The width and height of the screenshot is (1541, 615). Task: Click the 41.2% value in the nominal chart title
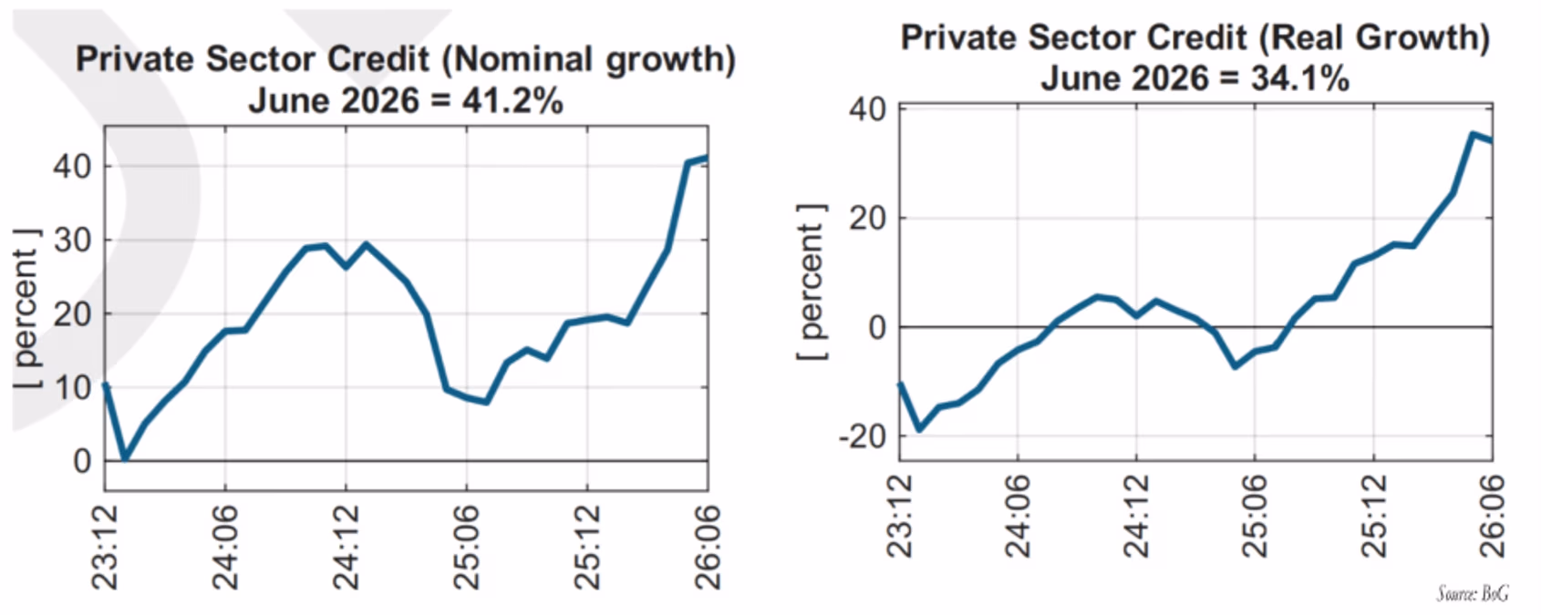click(x=512, y=101)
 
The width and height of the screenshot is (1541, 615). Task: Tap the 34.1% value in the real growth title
click(x=1299, y=78)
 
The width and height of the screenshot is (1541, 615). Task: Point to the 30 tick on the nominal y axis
click(x=72, y=241)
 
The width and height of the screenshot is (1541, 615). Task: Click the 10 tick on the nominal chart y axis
click(x=72, y=387)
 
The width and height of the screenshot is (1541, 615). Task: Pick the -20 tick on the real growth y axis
click(x=862, y=436)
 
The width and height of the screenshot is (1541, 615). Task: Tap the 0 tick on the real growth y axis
click(x=877, y=327)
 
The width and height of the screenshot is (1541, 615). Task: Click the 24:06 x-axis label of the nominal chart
click(x=225, y=548)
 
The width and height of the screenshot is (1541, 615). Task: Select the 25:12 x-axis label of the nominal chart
click(x=587, y=548)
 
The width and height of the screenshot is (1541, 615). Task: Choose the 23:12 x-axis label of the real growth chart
click(x=899, y=516)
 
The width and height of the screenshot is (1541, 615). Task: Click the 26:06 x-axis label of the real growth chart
click(x=1492, y=516)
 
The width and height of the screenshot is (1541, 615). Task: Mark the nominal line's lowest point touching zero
click(x=125, y=458)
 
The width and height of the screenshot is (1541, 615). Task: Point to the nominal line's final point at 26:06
click(x=706, y=159)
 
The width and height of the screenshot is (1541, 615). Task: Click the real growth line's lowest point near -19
click(x=919, y=429)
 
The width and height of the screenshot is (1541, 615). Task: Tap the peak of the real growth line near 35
click(x=1473, y=134)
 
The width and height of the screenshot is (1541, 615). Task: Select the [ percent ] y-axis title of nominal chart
click(x=27, y=309)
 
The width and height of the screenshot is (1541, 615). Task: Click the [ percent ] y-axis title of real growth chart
click(x=812, y=282)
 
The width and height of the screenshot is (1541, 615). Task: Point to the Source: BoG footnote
click(x=1473, y=593)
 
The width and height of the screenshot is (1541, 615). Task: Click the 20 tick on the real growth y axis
click(x=868, y=219)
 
